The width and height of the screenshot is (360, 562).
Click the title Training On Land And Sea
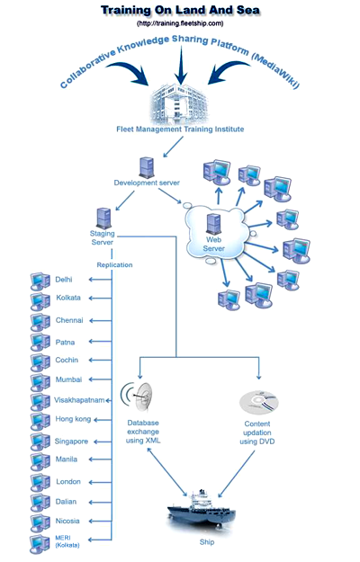click(180, 11)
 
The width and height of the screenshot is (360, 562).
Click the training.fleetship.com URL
click(180, 23)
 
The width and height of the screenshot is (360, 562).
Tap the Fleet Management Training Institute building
click(178, 105)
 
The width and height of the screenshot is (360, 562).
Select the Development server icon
click(147, 167)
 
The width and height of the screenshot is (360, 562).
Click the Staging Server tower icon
click(103, 219)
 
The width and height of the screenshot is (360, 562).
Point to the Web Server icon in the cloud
click(213, 224)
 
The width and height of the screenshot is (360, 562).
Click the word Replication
click(114, 265)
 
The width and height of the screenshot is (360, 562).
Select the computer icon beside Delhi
click(40, 281)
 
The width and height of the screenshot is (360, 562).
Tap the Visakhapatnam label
click(79, 400)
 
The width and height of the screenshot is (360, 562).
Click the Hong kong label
click(73, 419)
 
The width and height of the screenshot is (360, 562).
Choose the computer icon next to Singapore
click(40, 442)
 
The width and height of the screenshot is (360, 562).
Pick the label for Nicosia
click(67, 521)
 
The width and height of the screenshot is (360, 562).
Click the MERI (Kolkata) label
click(67, 541)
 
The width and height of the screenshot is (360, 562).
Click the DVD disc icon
click(259, 402)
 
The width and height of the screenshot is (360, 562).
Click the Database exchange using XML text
click(143, 432)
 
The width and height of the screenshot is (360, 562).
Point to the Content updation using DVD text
click(257, 433)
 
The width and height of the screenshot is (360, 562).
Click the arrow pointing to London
click(101, 483)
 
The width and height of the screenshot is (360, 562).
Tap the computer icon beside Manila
click(40, 461)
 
